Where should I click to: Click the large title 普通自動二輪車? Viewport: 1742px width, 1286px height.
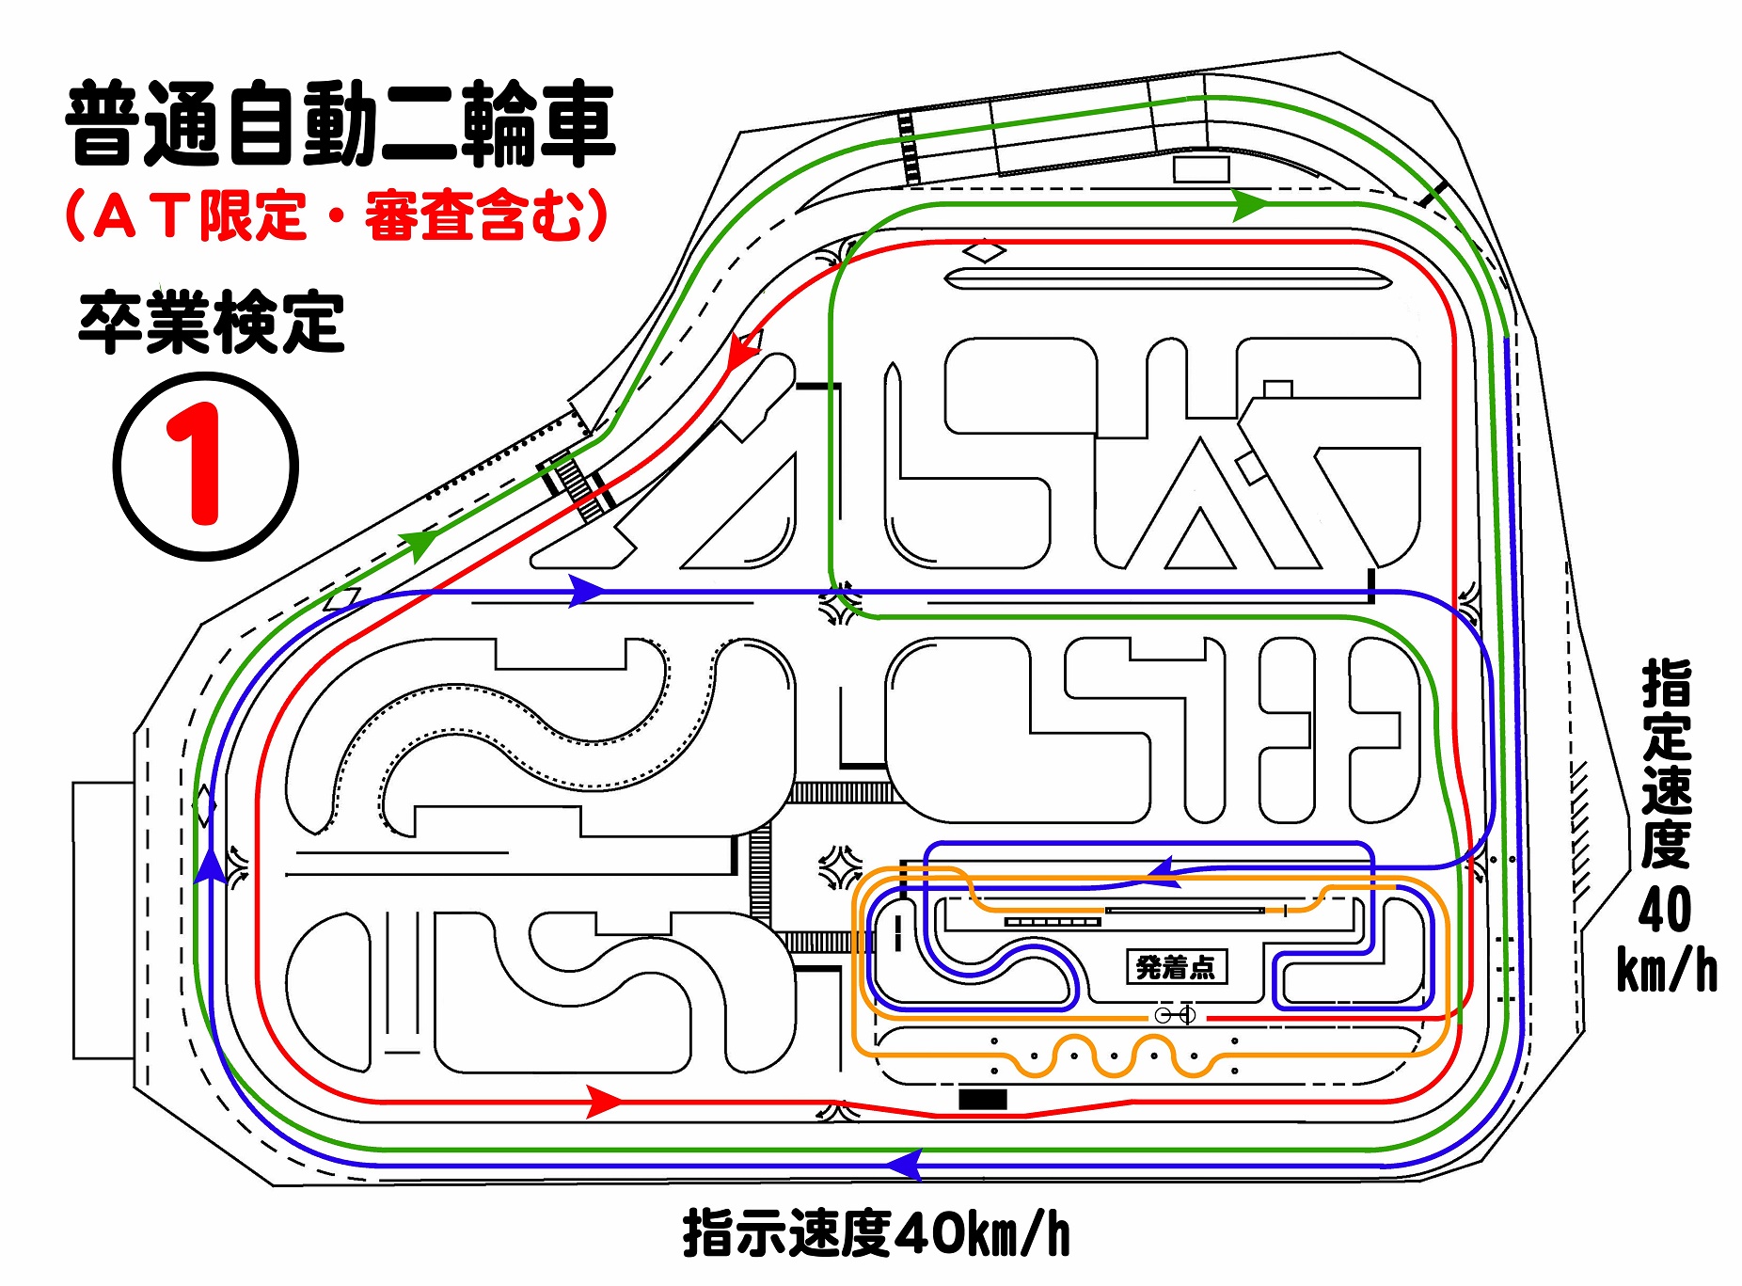[x=340, y=124]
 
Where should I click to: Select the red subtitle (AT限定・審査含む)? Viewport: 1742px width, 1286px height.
[x=336, y=215]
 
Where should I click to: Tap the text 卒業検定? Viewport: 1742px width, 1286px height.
[x=212, y=323]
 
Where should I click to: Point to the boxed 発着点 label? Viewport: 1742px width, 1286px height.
[x=1176, y=966]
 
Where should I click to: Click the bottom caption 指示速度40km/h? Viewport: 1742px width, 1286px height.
[x=877, y=1233]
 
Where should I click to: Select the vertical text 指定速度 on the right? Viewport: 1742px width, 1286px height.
[x=1666, y=764]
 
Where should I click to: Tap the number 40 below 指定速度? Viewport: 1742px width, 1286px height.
[x=1665, y=909]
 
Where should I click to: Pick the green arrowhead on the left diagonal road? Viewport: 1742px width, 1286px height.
[x=419, y=544]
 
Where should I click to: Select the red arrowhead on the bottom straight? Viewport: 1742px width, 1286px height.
[x=604, y=1101]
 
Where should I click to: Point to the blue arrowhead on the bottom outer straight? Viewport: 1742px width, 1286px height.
[x=904, y=1165]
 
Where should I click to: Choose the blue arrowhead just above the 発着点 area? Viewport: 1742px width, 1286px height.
[x=1164, y=872]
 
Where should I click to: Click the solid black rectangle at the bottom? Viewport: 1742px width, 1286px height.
[x=983, y=1099]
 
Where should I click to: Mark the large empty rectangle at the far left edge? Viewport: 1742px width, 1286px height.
[x=103, y=920]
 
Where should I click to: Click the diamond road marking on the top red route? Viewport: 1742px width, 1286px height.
[x=985, y=251]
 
